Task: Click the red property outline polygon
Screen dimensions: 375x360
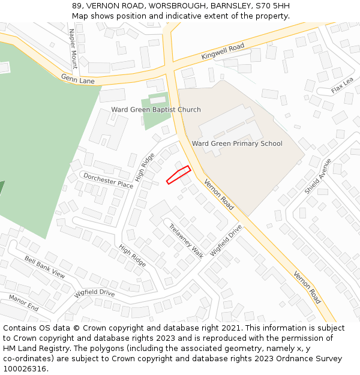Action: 178,175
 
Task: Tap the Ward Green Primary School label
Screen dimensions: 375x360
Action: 237,143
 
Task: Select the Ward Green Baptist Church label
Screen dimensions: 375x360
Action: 156,110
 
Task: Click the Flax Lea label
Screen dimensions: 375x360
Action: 343,86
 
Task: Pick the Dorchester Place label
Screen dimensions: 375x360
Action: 108,181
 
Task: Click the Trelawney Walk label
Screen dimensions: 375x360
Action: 186,241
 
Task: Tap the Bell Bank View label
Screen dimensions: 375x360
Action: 45,266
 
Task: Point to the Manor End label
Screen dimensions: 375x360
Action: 23,303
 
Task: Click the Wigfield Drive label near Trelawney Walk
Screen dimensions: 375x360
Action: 226,240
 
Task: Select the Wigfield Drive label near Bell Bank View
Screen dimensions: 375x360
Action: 94,293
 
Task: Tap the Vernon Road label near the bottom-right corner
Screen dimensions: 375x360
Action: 307,287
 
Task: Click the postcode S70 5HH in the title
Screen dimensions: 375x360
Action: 273,6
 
